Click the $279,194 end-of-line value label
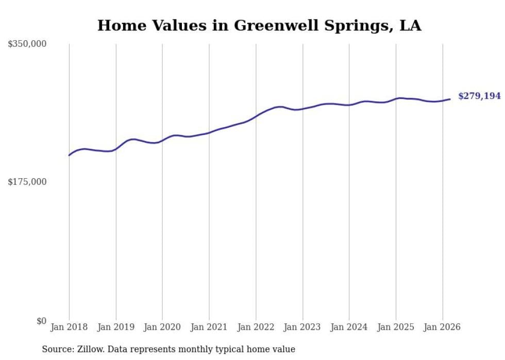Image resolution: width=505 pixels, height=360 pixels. (x=479, y=96)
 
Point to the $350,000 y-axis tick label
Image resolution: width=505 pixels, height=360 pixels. (x=27, y=44)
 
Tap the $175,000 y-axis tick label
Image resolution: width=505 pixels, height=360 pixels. (x=27, y=182)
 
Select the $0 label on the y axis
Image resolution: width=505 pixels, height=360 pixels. (x=41, y=321)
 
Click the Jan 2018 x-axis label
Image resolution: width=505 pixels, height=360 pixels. (x=69, y=327)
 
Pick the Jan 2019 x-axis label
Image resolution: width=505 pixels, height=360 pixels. (x=116, y=327)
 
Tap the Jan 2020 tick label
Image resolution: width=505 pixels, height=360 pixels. (x=162, y=327)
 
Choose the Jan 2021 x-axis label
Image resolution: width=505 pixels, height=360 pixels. (x=209, y=327)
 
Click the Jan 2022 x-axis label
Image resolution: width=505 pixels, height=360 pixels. (x=256, y=327)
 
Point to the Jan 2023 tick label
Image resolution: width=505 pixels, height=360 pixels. (x=302, y=327)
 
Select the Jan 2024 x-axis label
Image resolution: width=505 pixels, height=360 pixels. (x=349, y=327)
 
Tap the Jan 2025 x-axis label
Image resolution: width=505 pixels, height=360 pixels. (x=396, y=327)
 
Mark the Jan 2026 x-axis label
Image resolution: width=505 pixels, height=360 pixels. (x=442, y=327)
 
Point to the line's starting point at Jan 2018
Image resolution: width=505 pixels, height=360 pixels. (x=69, y=155)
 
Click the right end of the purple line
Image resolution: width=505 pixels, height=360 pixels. (x=450, y=99)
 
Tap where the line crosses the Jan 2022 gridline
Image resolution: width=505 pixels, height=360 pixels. (x=256, y=116)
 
